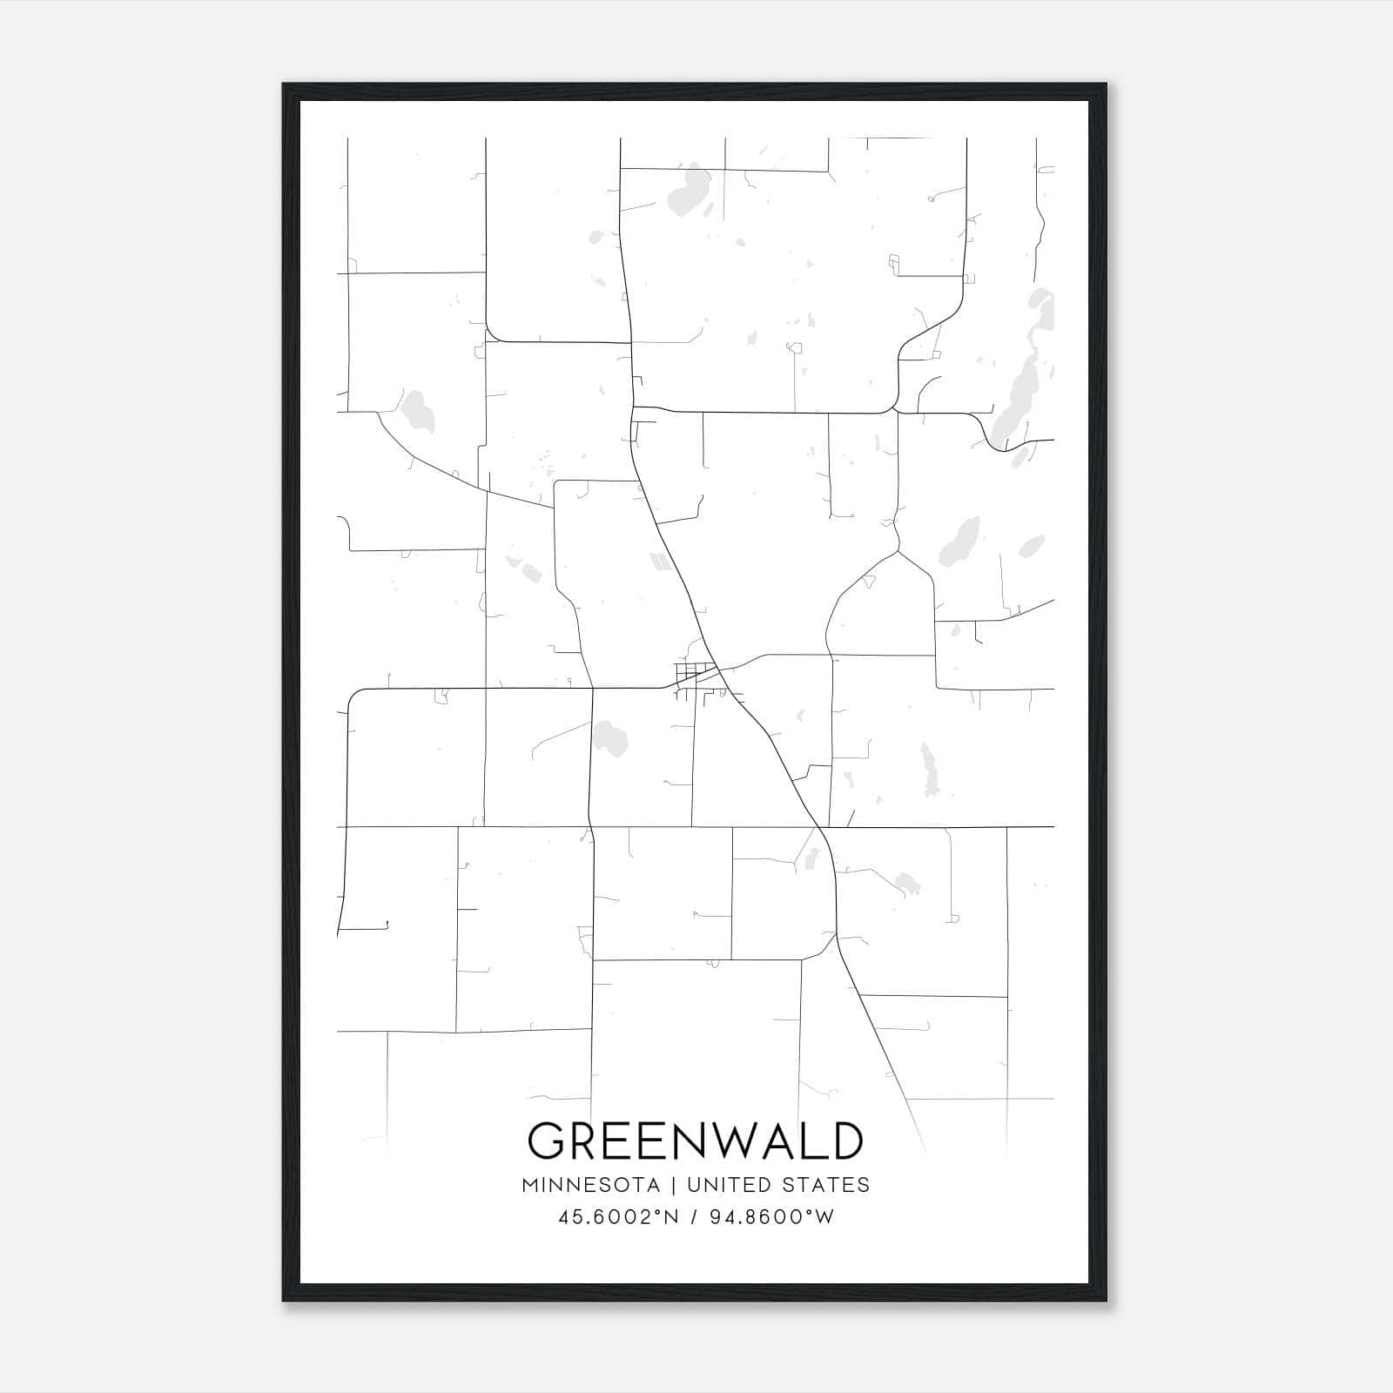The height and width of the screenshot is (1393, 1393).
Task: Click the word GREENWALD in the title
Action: point(696,1141)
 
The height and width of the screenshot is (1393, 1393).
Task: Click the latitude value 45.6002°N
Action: point(617,1217)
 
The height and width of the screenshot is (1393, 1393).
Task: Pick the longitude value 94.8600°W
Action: point(772,1217)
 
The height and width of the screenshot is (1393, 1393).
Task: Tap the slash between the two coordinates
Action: point(693,1217)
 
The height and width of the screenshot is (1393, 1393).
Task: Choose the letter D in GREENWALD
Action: point(845,1141)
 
